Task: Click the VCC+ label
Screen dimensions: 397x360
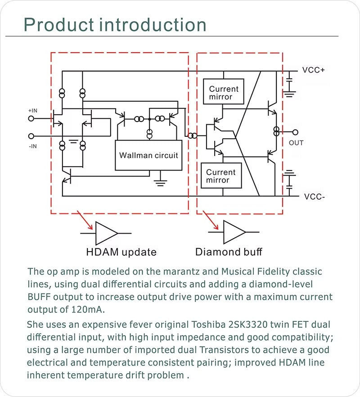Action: tap(313, 70)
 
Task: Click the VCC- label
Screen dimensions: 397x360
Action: tap(314, 197)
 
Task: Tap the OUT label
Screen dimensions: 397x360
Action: tap(296, 143)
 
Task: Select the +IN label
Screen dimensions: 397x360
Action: tap(33, 110)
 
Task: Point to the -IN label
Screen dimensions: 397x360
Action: tap(32, 146)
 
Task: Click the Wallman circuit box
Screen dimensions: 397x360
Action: tap(148, 155)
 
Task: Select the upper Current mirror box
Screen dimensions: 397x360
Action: tap(224, 93)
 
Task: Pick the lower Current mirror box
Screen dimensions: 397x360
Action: tap(221, 176)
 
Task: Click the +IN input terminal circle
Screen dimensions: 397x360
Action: tap(31, 119)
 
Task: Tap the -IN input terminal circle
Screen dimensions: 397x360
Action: tap(31, 136)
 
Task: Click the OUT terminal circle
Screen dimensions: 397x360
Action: tap(295, 132)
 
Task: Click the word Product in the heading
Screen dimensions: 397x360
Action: tap(58, 25)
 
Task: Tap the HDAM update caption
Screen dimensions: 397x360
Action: tap(121, 252)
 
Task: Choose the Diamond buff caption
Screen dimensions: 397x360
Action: tap(228, 252)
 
